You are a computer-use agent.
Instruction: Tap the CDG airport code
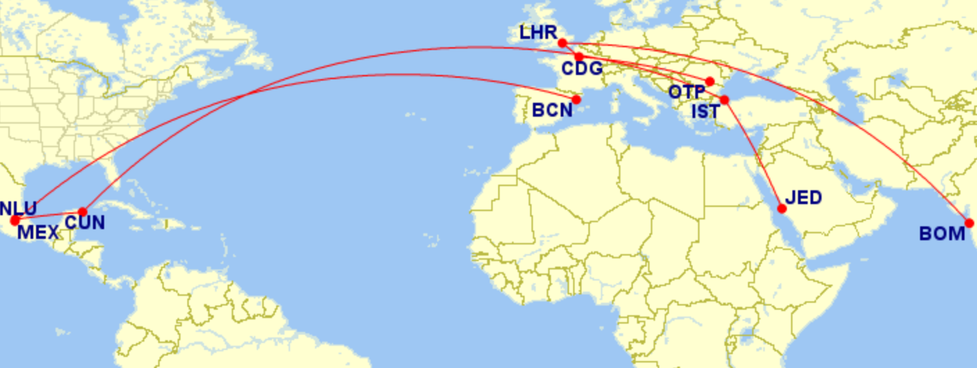581,69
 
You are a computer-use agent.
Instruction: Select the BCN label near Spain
552,110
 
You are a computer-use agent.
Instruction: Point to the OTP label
687,92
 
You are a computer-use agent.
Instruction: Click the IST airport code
705,110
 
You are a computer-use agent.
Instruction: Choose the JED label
804,198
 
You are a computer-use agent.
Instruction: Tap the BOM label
942,234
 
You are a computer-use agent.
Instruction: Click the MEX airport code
38,232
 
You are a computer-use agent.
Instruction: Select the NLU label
18,208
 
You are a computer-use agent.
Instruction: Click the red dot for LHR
562,43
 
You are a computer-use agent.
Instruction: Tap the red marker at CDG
579,56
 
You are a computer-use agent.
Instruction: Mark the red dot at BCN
576,99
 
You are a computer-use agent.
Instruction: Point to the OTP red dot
709,81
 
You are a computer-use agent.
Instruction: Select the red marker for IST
724,100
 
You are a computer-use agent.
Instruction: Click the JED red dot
782,208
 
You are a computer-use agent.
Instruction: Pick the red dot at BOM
969,223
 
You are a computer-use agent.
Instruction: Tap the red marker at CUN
83,212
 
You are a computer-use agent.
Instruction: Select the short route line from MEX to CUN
49,217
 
